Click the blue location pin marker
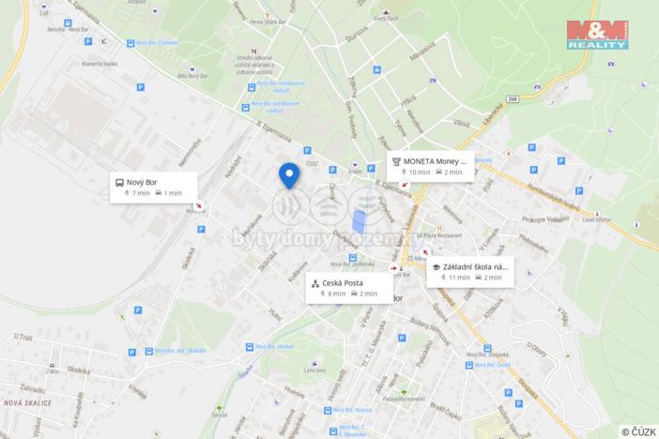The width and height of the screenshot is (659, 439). (289, 175)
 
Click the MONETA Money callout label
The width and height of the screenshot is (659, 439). (430, 165)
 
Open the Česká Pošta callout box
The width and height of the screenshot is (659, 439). (348, 287)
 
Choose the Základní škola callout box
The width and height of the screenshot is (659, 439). (470, 271)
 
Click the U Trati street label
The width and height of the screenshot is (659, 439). (23, 337)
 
